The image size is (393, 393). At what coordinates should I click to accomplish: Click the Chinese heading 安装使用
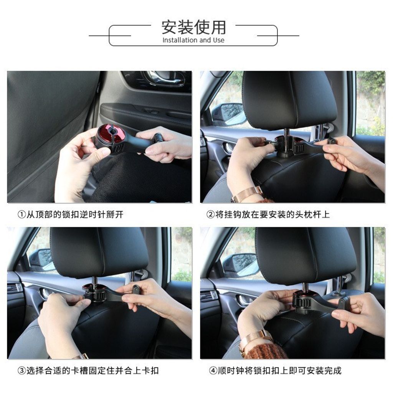(x=193, y=27)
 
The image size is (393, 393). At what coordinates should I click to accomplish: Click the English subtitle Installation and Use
(x=193, y=40)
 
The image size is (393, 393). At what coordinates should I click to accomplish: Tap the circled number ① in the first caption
(x=22, y=215)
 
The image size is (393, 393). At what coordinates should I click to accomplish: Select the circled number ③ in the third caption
(x=22, y=370)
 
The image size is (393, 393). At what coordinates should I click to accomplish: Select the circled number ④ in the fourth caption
(x=213, y=370)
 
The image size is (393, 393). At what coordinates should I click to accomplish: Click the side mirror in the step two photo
(x=230, y=114)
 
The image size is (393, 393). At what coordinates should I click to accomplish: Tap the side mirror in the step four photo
(x=241, y=265)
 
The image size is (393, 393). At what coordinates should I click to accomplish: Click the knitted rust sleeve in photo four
(x=266, y=350)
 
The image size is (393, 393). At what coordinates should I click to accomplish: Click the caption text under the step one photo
(x=71, y=215)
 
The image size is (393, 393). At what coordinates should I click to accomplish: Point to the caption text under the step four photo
(x=275, y=370)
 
